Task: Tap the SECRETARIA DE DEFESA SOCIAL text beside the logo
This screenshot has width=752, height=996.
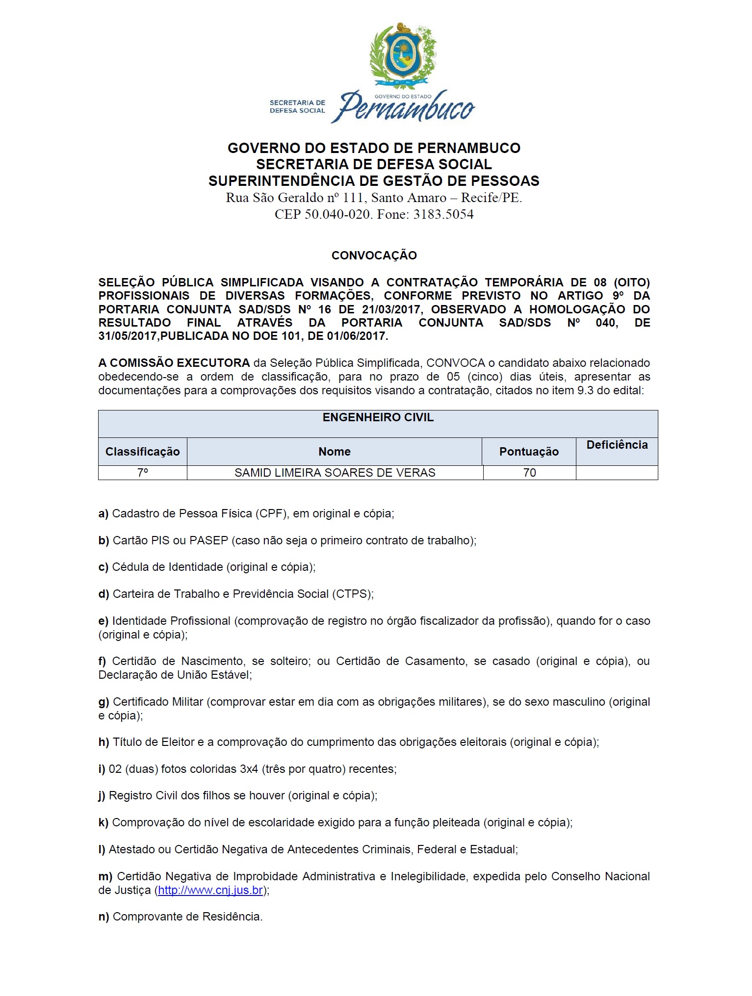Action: coord(297,106)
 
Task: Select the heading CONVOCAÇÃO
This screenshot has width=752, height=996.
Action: coord(374,255)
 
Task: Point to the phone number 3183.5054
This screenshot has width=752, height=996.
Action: coord(443,214)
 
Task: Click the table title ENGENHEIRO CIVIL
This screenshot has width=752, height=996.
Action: coord(378,418)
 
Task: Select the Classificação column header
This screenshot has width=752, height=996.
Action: coord(142,452)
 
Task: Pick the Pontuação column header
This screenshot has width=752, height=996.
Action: coord(529,452)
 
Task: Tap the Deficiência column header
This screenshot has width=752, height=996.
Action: coord(617,445)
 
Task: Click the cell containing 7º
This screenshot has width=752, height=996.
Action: coord(142,473)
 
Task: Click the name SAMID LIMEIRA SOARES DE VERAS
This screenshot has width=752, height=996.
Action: coord(335,473)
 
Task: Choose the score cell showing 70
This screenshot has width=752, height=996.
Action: coord(529,473)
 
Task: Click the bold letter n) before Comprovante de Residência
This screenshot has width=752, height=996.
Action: coord(104,917)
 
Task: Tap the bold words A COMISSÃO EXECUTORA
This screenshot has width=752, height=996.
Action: coord(174,363)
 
